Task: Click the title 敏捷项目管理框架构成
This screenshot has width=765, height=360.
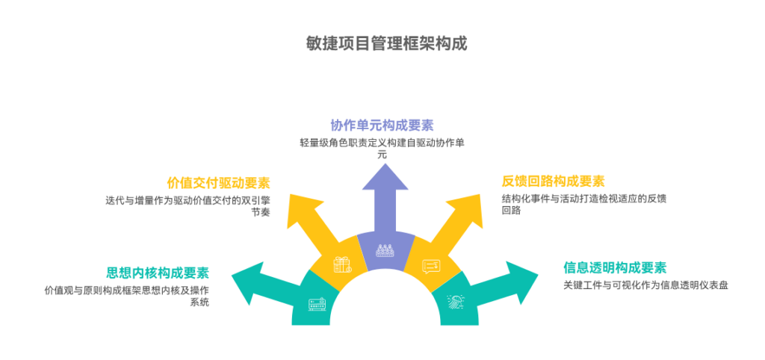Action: [x=386, y=43]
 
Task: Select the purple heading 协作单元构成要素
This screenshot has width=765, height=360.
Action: [x=382, y=125]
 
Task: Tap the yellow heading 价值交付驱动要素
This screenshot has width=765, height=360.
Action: [x=218, y=183]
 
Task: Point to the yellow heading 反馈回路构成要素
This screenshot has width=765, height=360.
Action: [x=553, y=181]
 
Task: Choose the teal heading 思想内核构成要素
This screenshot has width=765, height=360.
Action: [x=157, y=272]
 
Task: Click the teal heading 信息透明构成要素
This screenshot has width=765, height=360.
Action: [x=615, y=267]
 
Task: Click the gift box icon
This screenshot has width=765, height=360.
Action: [x=341, y=264]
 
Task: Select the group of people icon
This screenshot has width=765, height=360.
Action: [x=385, y=250]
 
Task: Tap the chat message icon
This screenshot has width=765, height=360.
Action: [x=431, y=266]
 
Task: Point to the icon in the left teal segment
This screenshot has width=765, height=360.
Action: [x=317, y=304]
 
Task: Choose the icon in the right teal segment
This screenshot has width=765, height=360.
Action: [x=454, y=302]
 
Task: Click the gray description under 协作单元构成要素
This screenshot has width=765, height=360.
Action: [x=382, y=148]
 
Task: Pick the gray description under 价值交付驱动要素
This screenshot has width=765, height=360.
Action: [x=188, y=205]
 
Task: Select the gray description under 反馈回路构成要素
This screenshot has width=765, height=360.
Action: [x=583, y=204]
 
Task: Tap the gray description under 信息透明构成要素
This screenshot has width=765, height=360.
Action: [x=645, y=285]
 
